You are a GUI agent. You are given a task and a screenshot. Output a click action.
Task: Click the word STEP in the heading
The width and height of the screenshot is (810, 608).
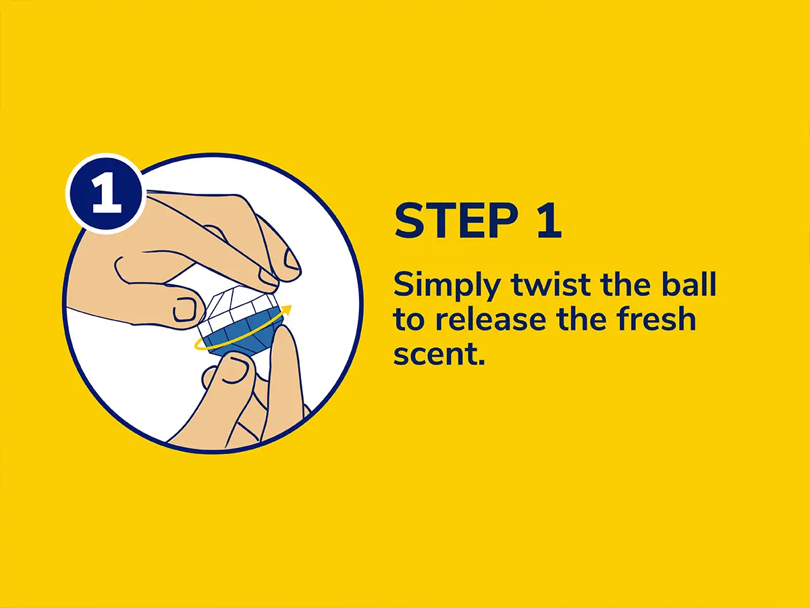coord(456,221)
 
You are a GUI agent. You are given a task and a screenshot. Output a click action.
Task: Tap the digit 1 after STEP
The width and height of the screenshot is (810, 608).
coord(549,221)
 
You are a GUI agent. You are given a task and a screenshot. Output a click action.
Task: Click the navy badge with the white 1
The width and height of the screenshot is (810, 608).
coord(105,194)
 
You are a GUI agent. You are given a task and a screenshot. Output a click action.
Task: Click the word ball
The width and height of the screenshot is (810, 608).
coord(688,284)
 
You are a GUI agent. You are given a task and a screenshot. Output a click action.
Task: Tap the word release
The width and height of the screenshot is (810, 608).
coord(491,319)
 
